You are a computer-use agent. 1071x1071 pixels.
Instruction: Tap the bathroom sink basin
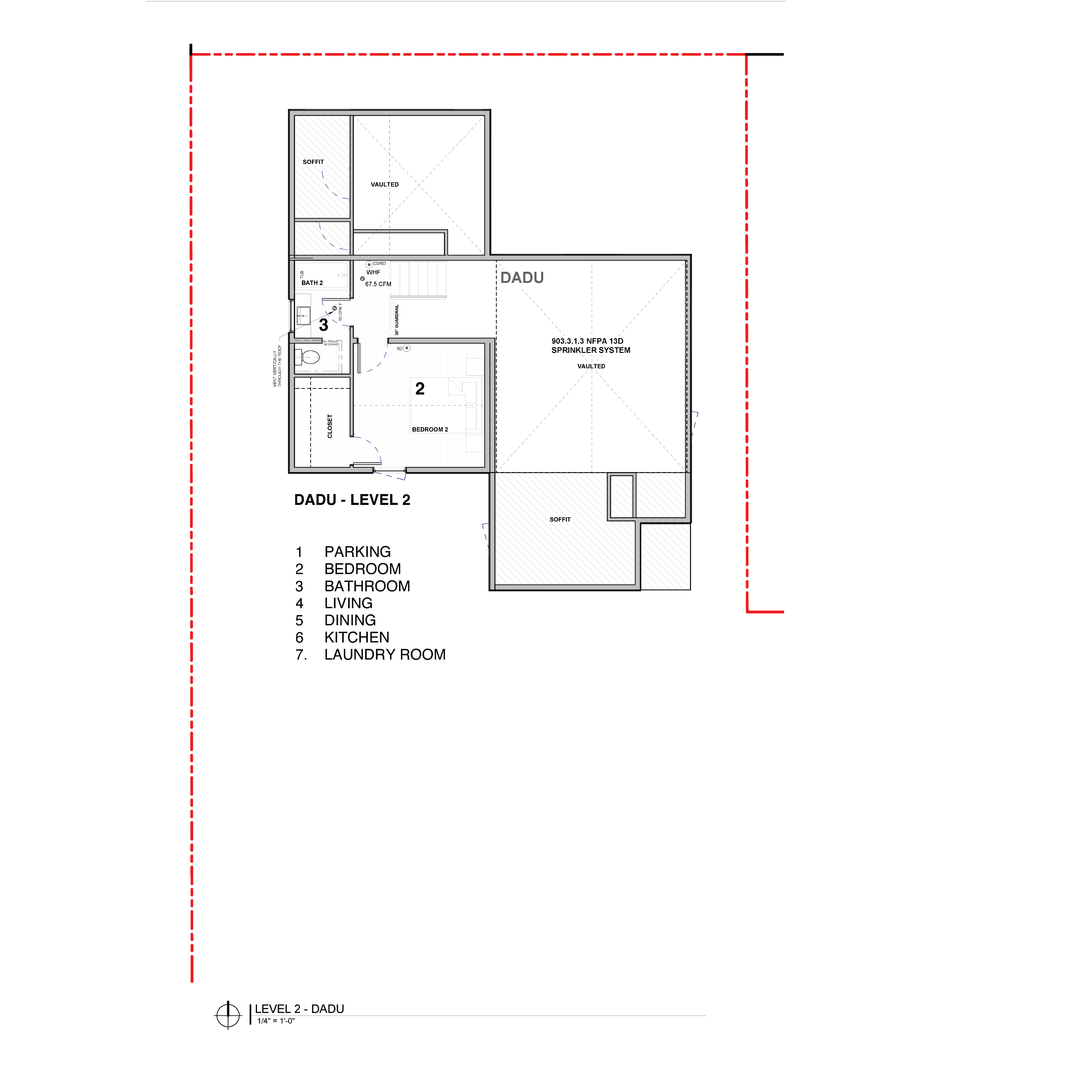(303, 316)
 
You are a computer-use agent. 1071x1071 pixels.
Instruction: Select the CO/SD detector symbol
(369, 264)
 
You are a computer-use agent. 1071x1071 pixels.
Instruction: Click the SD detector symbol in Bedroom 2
(407, 348)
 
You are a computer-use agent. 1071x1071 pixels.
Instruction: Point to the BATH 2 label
(312, 283)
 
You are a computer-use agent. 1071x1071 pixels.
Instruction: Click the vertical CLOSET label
(330, 426)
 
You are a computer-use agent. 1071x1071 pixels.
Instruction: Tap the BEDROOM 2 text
(430, 430)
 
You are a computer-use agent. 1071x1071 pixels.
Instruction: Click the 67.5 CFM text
(378, 284)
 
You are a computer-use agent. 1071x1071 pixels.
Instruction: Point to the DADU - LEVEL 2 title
(352, 500)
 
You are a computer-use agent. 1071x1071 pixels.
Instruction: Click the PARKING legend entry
(358, 552)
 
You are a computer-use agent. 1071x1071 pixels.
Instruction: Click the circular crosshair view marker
(228, 1016)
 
